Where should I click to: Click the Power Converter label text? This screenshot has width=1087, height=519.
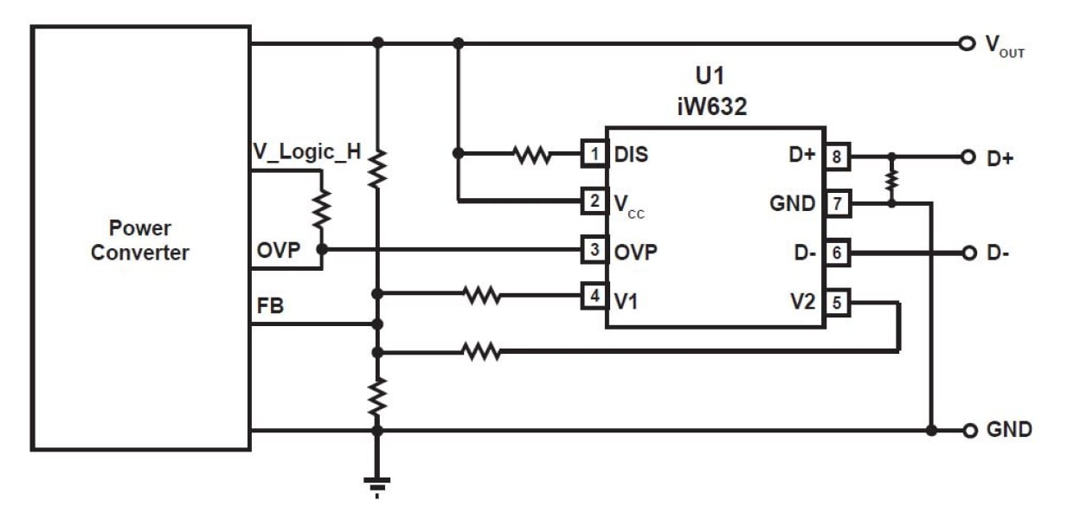[140, 240]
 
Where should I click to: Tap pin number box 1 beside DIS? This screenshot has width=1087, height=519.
[593, 155]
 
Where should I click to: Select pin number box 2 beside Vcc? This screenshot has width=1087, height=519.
[593, 202]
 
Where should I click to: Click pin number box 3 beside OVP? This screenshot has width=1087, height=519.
[593, 250]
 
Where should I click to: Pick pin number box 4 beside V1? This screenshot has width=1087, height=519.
[593, 297]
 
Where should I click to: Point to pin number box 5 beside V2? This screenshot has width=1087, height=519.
[837, 303]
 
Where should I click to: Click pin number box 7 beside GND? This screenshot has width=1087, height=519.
[837, 204]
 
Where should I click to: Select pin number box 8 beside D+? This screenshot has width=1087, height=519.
[837, 157]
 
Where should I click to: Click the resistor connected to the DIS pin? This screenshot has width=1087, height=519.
[531, 156]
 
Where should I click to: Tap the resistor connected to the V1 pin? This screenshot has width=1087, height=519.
[482, 297]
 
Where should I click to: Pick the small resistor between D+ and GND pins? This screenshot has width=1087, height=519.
[892, 181]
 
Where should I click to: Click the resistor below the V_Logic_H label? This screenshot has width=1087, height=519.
[321, 208]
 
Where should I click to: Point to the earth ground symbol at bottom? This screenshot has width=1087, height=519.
[376, 486]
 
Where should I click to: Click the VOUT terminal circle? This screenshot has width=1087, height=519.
[967, 43]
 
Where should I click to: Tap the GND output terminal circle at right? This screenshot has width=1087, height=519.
[967, 430]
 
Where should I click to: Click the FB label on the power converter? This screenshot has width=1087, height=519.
[270, 306]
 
